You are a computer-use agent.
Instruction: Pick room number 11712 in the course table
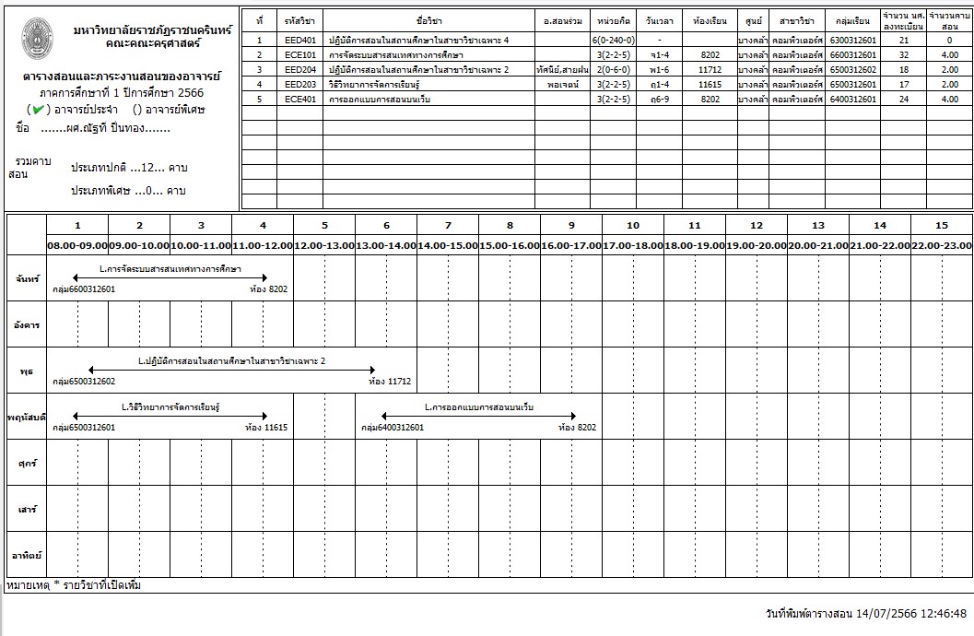click(x=710, y=69)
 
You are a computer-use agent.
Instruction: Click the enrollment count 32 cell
click(x=903, y=55)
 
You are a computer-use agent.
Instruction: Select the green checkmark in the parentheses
click(x=39, y=110)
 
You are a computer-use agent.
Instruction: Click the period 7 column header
click(x=448, y=226)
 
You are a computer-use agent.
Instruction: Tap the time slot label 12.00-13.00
click(x=324, y=245)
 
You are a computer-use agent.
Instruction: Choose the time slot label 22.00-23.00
click(x=942, y=245)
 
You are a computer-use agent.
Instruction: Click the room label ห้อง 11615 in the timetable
click(x=266, y=428)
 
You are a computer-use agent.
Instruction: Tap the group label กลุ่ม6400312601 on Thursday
click(x=393, y=428)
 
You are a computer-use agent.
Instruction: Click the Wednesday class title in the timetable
click(x=232, y=360)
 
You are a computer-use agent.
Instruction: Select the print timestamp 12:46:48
click(x=940, y=613)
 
